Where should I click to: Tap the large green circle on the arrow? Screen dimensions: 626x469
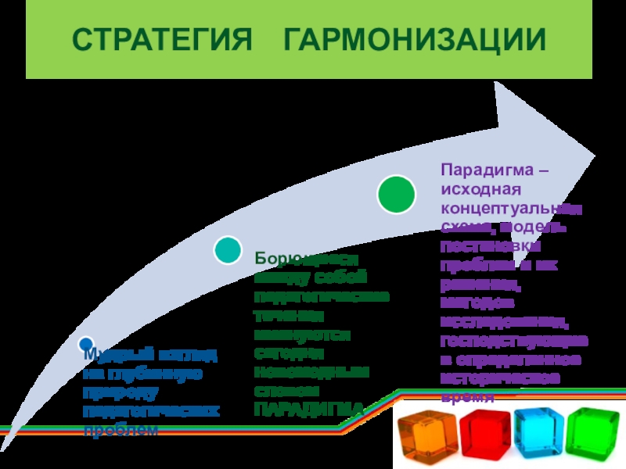coord(397,194)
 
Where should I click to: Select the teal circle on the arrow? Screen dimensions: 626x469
coord(228,251)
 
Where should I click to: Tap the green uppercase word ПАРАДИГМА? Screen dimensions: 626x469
coord(309,409)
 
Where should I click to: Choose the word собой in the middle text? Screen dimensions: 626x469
coord(340,277)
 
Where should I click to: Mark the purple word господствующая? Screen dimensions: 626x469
coord(513,341)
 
